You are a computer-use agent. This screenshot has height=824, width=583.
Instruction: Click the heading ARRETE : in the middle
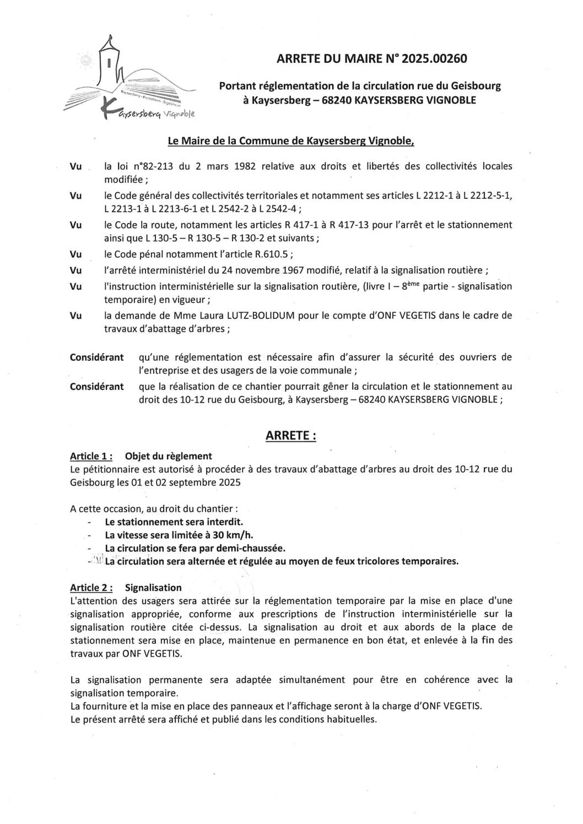tap(291, 436)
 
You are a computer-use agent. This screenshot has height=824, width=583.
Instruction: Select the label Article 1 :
tap(91, 456)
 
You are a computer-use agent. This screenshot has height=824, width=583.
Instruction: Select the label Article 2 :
tap(91, 588)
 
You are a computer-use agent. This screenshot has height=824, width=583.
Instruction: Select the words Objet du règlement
tap(169, 456)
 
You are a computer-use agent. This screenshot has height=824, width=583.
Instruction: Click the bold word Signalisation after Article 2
tap(153, 588)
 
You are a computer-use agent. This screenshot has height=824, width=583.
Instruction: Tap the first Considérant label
tap(96, 357)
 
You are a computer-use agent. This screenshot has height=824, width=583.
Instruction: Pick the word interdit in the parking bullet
tap(224, 521)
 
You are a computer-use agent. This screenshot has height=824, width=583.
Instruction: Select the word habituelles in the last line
tap(353, 719)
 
